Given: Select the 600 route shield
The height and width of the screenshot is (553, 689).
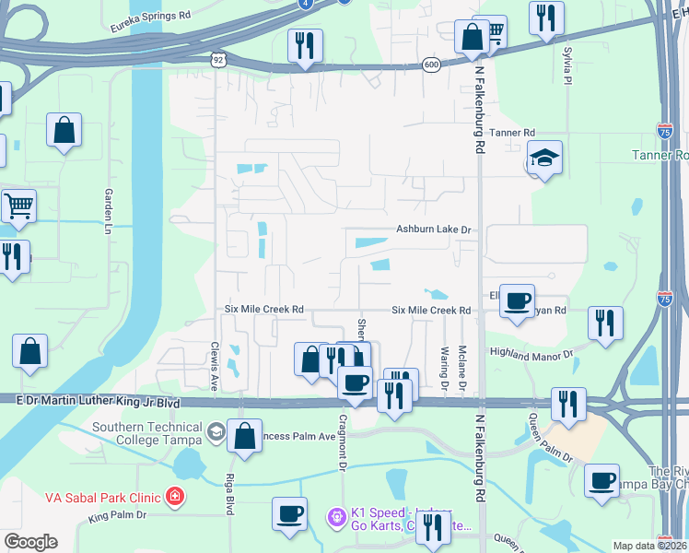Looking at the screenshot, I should click(431, 64).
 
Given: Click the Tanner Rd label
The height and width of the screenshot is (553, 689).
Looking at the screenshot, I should click(512, 133).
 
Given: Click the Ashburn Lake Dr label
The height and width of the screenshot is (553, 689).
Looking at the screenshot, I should click(433, 229).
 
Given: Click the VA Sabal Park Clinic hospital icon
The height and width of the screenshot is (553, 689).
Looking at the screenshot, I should click(175, 498).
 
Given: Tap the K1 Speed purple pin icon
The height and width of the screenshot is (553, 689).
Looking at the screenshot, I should click(338, 513).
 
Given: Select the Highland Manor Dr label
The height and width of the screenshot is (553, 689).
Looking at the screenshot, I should click(531, 352).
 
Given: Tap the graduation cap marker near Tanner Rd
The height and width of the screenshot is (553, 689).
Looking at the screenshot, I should click(544, 159).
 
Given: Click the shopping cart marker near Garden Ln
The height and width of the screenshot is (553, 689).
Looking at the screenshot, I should click(18, 206).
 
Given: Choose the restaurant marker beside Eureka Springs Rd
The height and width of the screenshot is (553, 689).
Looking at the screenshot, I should click(305, 44).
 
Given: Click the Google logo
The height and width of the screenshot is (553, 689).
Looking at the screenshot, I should click(30, 542).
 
